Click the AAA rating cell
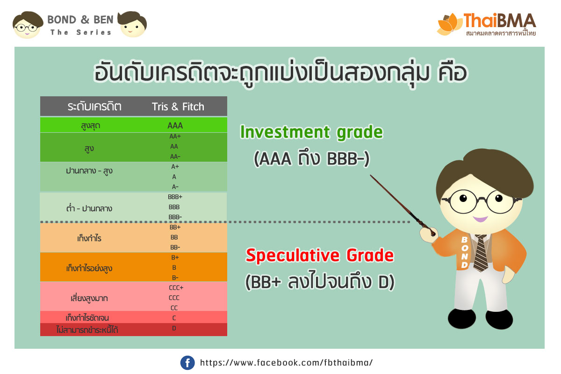point(175,125)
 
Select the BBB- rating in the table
point(175,217)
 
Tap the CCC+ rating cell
point(176,288)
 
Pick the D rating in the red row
point(174,328)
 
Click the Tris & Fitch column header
point(178,107)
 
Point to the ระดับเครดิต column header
point(94,107)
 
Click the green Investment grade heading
point(311,132)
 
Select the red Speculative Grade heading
point(320,255)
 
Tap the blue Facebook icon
point(187,362)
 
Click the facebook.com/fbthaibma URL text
point(286,362)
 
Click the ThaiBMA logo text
point(500,21)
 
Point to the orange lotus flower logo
point(450,24)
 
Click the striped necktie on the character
point(481,252)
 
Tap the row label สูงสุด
point(91,125)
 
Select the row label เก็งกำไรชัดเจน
point(87,318)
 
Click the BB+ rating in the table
point(175,227)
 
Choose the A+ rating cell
point(175,166)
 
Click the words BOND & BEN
point(80,20)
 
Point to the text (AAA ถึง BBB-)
point(311,159)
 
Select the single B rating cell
point(174,267)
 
